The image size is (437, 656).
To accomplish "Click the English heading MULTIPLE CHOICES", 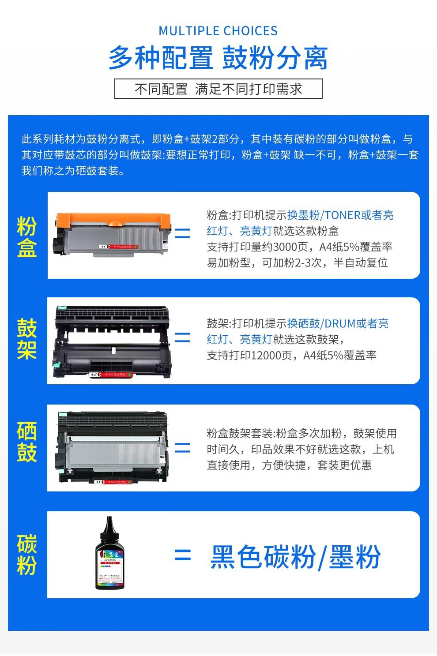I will [218, 31].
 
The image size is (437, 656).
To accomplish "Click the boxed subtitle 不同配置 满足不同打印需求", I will [218, 89].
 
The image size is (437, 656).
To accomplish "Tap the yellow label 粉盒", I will [26, 237].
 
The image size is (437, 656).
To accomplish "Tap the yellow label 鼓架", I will [26, 339].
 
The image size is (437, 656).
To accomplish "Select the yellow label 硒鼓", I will [26, 442].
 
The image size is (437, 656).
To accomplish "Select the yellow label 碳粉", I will [26, 555].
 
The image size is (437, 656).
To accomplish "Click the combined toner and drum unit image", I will [113, 448].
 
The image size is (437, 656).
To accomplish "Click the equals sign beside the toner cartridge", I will [182, 233].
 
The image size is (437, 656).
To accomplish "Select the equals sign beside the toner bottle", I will [182, 555].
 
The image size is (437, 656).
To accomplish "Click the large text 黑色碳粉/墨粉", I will [295, 557].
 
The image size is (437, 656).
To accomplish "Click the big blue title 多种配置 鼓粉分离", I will [218, 58].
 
